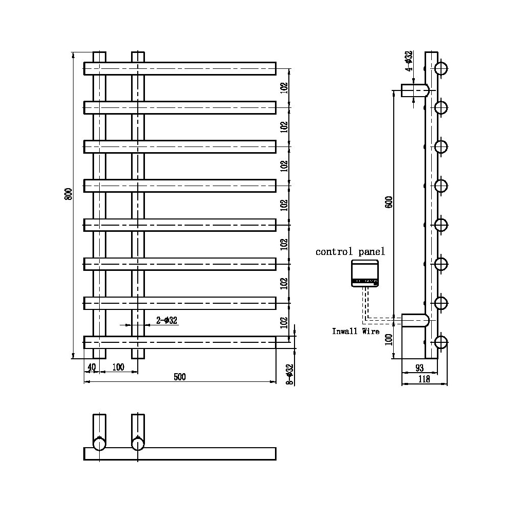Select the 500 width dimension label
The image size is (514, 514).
point(179,377)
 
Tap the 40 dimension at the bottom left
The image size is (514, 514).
point(91,366)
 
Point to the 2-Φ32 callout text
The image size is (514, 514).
point(167,321)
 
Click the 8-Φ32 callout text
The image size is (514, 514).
point(290,375)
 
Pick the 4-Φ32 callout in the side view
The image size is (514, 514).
point(409,61)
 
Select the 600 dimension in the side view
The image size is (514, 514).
point(389,201)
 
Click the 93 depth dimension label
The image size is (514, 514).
point(419,368)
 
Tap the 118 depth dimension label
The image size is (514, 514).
point(424,380)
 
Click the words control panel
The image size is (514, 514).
point(350,252)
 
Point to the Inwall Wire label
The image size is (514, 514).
point(356,332)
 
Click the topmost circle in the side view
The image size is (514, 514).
point(441,68)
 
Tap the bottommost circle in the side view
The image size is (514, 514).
point(441,342)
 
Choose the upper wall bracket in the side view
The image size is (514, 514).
point(415,90)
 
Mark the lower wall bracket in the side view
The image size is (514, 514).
point(415,321)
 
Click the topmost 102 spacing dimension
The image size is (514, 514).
point(284,87)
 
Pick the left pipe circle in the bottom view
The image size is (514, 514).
point(99,443)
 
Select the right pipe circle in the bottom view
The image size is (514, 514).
point(138,443)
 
